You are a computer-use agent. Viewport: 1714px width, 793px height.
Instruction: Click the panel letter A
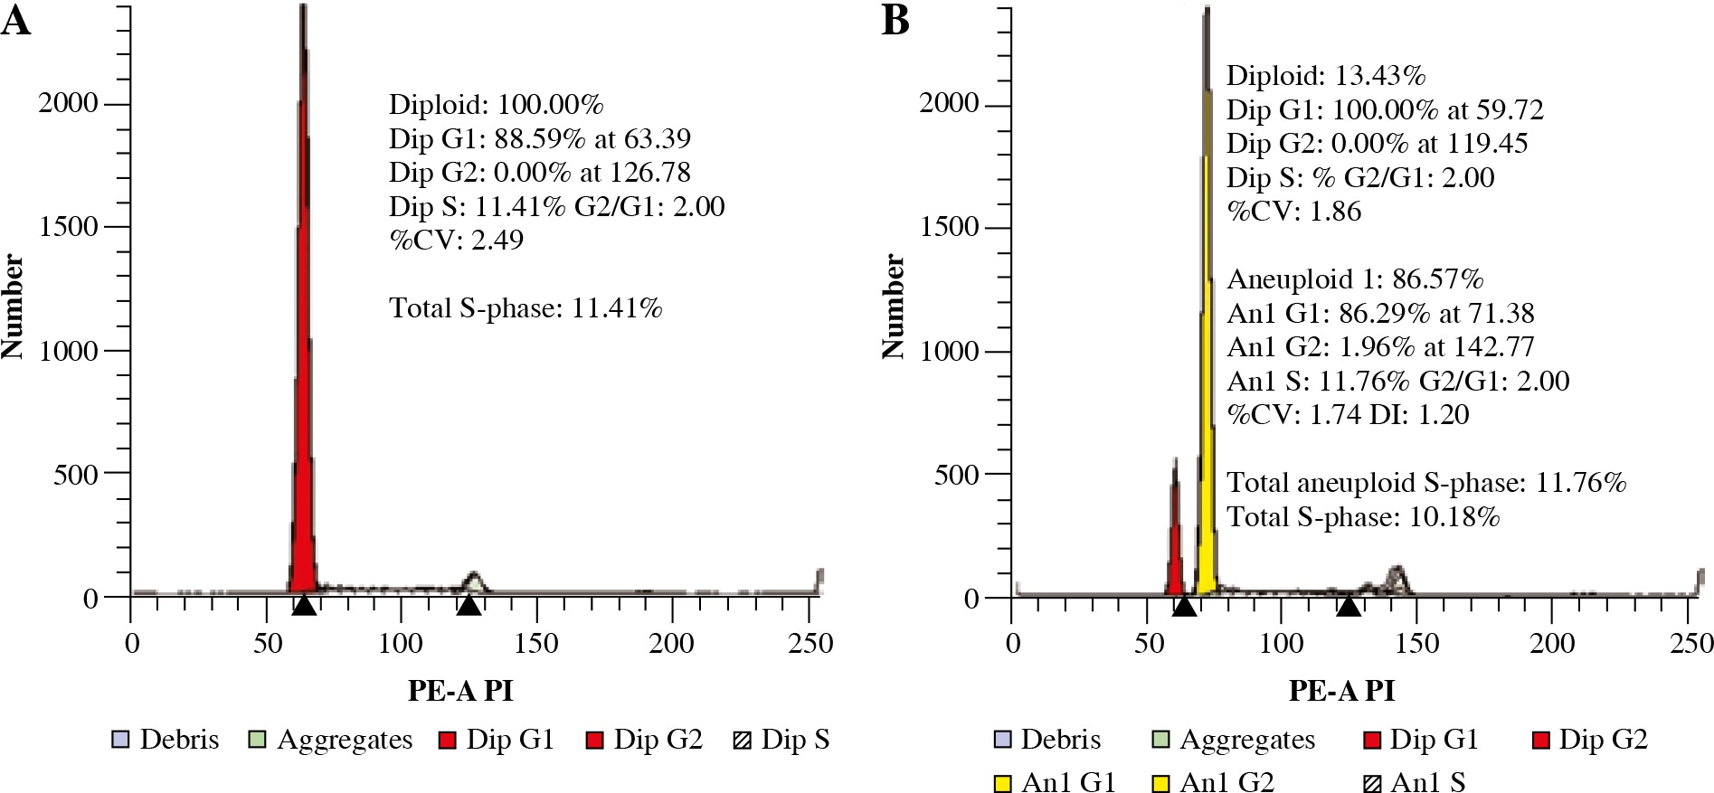(x=16, y=20)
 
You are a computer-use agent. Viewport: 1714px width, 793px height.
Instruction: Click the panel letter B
(x=895, y=20)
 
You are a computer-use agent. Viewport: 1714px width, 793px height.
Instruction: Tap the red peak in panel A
(x=304, y=362)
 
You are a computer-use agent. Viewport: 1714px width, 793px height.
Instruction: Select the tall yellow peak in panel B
(x=1207, y=362)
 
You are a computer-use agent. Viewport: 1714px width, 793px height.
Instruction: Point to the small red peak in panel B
(x=1175, y=543)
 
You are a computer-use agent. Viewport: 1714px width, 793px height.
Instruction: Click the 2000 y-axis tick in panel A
(x=67, y=103)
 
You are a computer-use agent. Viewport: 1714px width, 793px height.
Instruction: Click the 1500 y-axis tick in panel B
(x=950, y=227)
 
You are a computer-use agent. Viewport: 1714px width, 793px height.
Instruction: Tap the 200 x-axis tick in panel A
(x=672, y=644)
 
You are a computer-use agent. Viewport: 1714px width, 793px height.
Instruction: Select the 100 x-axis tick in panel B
(x=1282, y=644)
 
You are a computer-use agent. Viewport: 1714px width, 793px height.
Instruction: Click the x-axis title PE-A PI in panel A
(x=460, y=691)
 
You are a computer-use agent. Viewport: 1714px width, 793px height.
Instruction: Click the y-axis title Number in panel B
(x=893, y=307)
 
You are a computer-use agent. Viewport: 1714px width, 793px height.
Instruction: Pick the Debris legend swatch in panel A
(x=119, y=740)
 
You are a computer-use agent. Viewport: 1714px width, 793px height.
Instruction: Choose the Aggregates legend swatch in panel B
(x=1161, y=740)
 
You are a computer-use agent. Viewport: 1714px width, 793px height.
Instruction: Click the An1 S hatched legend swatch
(x=1372, y=782)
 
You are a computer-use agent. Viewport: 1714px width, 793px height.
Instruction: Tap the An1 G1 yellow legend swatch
(x=1002, y=782)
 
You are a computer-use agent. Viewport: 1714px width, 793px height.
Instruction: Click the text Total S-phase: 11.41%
(x=526, y=308)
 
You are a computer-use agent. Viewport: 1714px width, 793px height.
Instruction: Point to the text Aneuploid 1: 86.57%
(x=1355, y=278)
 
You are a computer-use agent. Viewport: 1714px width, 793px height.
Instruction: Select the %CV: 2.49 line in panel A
(x=456, y=240)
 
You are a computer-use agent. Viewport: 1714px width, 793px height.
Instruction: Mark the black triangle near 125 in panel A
(x=469, y=605)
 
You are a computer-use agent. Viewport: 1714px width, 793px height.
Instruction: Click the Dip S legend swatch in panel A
(x=742, y=740)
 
